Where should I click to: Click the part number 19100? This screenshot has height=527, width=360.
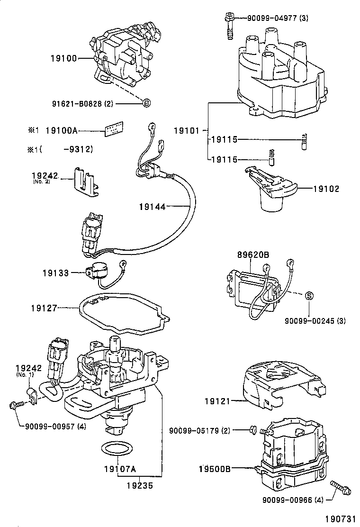click(x=63, y=59)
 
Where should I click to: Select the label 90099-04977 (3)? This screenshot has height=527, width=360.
click(x=278, y=18)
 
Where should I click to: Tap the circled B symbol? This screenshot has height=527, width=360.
click(x=146, y=103)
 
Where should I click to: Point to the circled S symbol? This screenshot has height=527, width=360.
click(x=308, y=296)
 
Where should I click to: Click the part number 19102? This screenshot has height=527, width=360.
click(x=326, y=189)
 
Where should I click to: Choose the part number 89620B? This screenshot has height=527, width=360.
click(x=253, y=255)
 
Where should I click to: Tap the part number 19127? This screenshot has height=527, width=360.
click(x=44, y=308)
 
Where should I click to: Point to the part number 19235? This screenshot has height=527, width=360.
click(x=139, y=485)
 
